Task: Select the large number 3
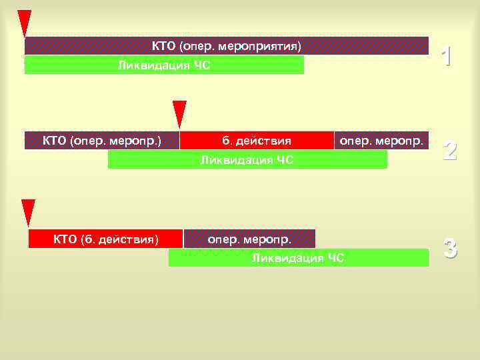pos(450,249)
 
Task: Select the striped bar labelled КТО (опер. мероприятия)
pos(227,45)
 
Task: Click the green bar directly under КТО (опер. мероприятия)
pos(164,65)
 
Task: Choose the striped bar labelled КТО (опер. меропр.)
pos(101,141)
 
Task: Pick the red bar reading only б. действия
pos(257,141)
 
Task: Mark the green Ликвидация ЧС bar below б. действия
pos(247,159)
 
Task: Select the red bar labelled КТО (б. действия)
pos(105,239)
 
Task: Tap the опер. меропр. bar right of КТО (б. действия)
pos(249,238)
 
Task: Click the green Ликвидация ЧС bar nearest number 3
pos(298,258)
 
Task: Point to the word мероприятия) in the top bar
pos(267,46)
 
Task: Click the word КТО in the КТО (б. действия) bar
pos(65,239)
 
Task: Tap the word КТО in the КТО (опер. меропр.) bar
pos(54,141)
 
